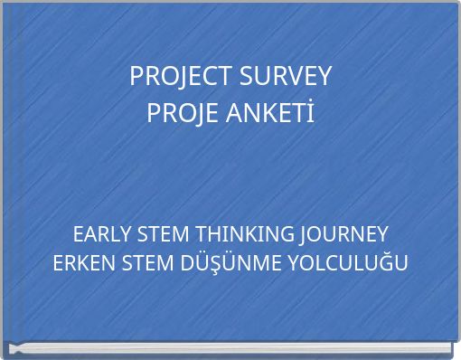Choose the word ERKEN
(x=84, y=264)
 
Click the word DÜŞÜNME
(x=229, y=264)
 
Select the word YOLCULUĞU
(x=349, y=264)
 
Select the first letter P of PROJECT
(x=136, y=77)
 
